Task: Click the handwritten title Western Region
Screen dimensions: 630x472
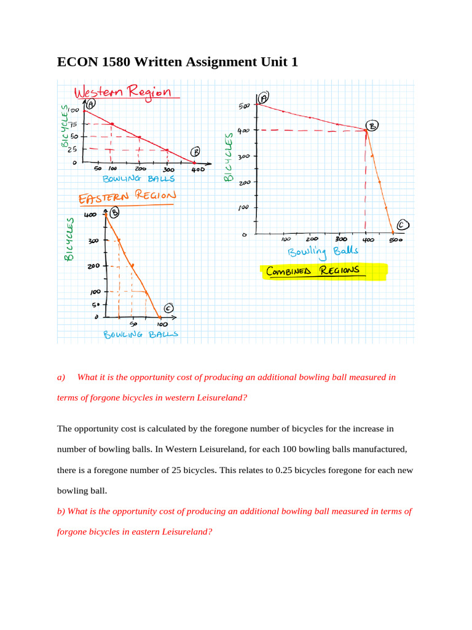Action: (122, 93)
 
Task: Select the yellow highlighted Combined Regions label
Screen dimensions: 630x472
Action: (313, 271)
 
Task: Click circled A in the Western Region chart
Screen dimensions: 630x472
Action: (90, 105)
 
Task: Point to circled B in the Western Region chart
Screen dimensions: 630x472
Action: (195, 153)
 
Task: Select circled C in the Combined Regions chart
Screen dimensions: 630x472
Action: (403, 225)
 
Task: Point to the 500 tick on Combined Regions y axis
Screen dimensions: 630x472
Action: (245, 106)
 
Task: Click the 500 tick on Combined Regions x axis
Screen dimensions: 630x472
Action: (395, 241)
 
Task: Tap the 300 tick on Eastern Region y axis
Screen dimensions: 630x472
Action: (92, 241)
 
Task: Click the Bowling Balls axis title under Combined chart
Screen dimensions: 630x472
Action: (323, 252)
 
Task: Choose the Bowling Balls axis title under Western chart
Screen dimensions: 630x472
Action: (138, 179)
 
